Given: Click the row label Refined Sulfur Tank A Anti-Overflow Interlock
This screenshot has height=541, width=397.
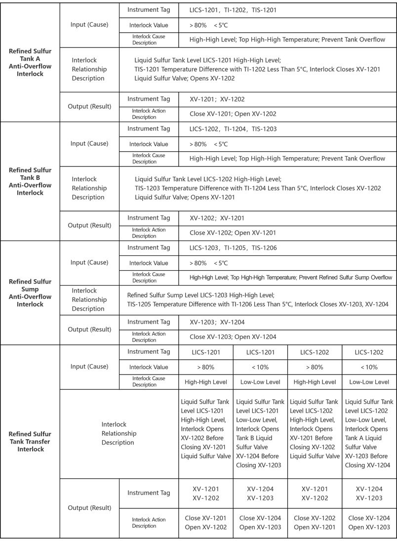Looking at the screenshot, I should click(x=30, y=62).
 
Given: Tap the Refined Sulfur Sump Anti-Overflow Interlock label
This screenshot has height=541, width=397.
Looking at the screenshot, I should click(x=30, y=292).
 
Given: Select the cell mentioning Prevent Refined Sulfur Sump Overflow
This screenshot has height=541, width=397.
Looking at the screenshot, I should click(x=291, y=278).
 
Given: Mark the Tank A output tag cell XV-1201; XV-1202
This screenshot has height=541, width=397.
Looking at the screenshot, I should click(x=218, y=99).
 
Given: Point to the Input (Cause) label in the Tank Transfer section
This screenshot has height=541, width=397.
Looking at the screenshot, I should click(x=89, y=367).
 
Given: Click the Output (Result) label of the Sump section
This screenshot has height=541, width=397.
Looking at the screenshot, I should click(x=89, y=330).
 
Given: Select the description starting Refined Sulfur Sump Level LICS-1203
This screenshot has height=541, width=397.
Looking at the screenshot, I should click(x=257, y=300).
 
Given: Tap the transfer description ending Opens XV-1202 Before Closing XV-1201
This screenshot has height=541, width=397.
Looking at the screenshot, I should click(x=205, y=434).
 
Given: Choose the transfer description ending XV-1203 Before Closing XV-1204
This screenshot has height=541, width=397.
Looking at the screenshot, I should click(x=369, y=434).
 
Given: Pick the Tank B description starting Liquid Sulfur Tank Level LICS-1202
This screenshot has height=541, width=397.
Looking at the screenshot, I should click(x=257, y=188).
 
